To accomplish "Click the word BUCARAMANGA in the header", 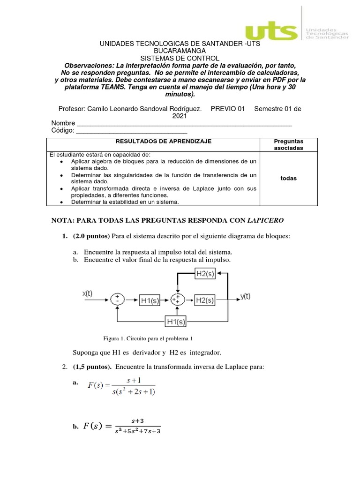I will (180, 51).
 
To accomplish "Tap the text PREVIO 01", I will (228, 109).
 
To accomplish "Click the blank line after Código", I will (131, 132).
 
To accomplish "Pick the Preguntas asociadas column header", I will (288, 144).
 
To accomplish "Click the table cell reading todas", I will (288, 179).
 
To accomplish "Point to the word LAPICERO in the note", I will (265, 220).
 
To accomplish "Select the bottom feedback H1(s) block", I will (176, 322).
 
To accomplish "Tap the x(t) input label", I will (88, 293).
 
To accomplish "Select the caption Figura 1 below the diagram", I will (148, 338).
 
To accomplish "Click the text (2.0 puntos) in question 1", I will (91, 236).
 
